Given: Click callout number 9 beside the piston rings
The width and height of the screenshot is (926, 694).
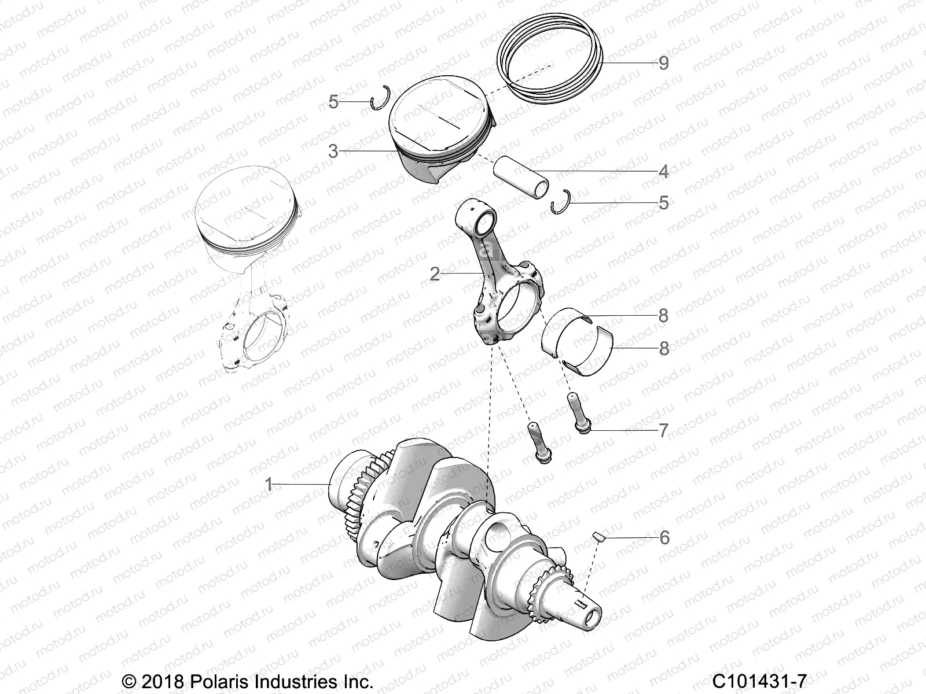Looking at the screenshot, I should (x=663, y=63).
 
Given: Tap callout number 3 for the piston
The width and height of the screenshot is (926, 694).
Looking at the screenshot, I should (x=333, y=152).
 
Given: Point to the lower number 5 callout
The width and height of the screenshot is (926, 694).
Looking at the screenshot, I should (x=663, y=203).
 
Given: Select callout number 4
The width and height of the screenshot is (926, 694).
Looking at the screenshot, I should (x=663, y=172).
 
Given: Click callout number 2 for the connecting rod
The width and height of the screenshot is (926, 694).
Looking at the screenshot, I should (x=435, y=274).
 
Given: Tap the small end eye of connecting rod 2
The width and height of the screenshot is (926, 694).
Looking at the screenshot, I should (x=486, y=221).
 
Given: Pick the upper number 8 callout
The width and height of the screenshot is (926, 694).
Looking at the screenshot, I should (x=663, y=316).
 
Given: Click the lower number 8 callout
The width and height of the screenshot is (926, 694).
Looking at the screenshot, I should (x=663, y=349).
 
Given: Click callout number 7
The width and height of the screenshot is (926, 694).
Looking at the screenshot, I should (x=663, y=431).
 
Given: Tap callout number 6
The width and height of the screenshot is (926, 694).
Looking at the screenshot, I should (x=664, y=538).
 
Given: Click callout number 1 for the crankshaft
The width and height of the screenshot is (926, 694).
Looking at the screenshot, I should (x=268, y=484).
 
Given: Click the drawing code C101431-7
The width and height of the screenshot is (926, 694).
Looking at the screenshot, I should (x=759, y=681).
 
